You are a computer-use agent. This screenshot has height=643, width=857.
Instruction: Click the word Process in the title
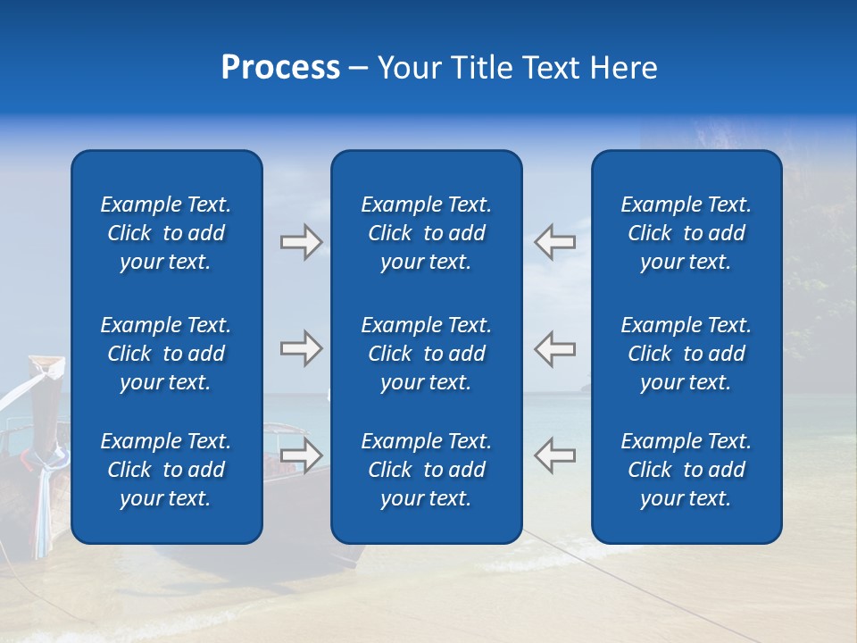pos(280,68)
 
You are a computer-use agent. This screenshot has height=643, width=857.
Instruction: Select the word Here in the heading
pos(623,68)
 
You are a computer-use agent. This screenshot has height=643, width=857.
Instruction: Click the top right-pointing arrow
pos(301,242)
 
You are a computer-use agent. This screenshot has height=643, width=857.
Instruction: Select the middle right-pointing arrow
pos(301,348)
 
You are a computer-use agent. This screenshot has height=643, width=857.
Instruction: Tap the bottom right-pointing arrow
pos(301,455)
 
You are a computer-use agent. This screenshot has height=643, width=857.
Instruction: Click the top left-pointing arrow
pos(554,242)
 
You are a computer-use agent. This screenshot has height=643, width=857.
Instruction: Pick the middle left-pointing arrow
pos(554,348)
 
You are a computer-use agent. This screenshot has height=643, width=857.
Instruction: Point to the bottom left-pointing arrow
pos(554,455)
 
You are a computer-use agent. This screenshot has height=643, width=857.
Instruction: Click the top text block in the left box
pos(166,233)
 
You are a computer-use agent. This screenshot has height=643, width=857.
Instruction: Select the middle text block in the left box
pos(166,354)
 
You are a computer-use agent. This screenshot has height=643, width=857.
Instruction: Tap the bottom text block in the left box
pos(166,470)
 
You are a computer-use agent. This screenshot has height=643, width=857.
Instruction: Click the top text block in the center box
pos(426,233)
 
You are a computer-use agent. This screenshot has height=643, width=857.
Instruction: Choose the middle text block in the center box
pos(426,354)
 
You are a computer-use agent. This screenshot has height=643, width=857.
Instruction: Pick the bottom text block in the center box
pos(426,470)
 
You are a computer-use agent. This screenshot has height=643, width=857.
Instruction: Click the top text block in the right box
pos(686,233)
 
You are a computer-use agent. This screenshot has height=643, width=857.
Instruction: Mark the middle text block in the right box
pos(686,354)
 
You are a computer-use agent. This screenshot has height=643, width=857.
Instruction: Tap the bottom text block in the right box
pos(686,470)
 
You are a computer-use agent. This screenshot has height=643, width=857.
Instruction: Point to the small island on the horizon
pos(585,388)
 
